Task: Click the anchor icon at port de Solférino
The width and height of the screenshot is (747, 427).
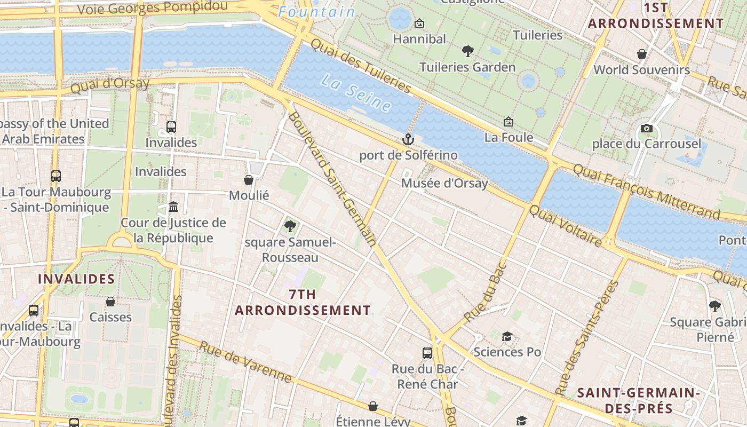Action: [x=408, y=140]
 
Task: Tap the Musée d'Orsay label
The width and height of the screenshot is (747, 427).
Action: [x=444, y=183]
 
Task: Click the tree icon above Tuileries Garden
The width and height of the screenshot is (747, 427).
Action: [x=468, y=51]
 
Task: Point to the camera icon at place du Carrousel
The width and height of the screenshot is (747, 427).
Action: [x=646, y=128]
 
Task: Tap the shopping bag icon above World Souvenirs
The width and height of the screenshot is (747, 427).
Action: [x=642, y=54]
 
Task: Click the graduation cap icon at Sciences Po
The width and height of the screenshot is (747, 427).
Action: [x=507, y=336]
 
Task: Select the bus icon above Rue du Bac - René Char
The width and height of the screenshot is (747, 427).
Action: [x=427, y=353]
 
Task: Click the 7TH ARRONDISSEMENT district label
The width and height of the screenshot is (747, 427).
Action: [x=303, y=302]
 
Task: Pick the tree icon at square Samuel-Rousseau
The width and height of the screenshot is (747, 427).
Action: [x=290, y=226]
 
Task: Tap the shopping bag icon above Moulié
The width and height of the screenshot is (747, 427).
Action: [x=249, y=180]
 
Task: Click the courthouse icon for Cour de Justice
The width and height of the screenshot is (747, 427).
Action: [x=173, y=207]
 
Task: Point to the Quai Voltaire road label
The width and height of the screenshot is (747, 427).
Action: [x=566, y=226]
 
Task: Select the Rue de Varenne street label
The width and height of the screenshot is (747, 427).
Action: [x=246, y=362]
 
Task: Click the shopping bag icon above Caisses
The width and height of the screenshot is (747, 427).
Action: [x=110, y=302]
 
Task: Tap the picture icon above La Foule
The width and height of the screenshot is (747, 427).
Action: [x=508, y=122]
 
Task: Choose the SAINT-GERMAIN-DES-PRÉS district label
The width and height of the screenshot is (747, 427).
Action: [x=638, y=401]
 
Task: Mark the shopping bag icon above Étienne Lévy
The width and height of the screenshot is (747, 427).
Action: [x=373, y=406]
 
